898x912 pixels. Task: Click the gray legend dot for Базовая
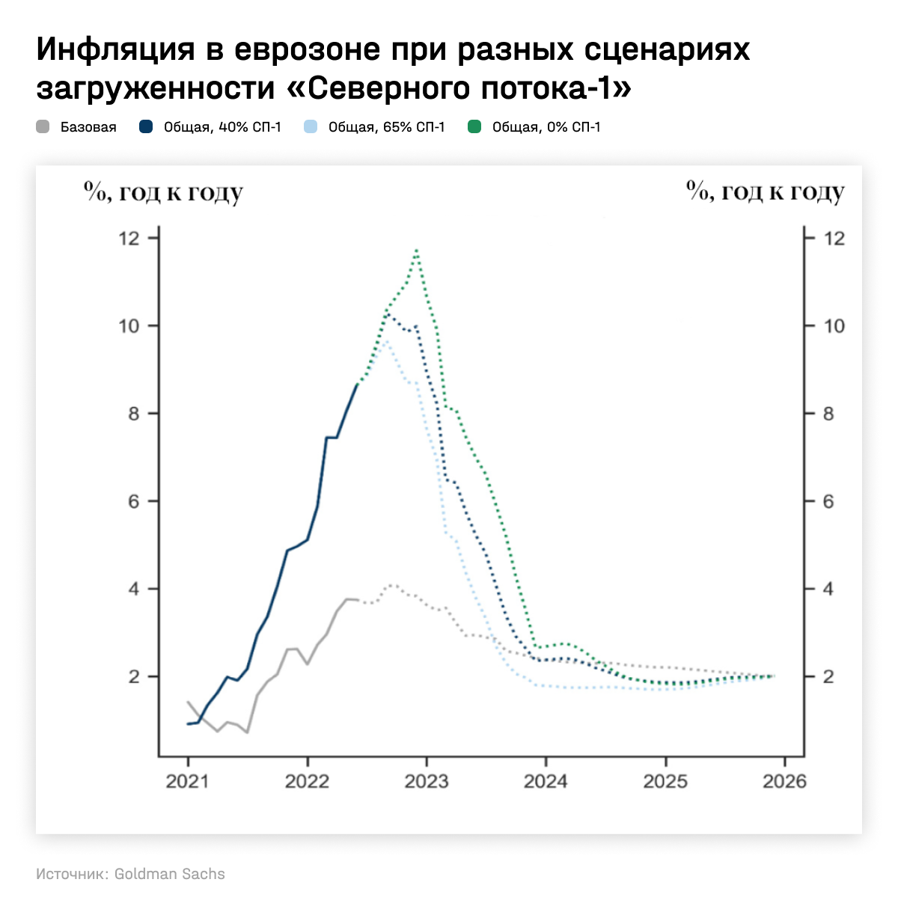click(43, 127)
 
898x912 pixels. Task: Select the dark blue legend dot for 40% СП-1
click(147, 127)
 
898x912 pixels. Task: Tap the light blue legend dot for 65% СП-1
click(311, 127)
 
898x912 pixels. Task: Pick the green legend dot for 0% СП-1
click(474, 127)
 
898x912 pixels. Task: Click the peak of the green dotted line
click(416, 251)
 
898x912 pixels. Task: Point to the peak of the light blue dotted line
click(385, 341)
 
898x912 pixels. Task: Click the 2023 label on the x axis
click(426, 782)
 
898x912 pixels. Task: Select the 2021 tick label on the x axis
click(187, 782)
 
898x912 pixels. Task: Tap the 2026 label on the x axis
click(784, 782)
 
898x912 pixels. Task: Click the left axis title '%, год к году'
click(164, 192)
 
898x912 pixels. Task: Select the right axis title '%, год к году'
click(766, 192)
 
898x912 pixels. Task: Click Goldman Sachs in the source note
click(169, 874)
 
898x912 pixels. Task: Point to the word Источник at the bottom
click(71, 874)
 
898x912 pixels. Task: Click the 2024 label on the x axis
click(546, 782)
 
